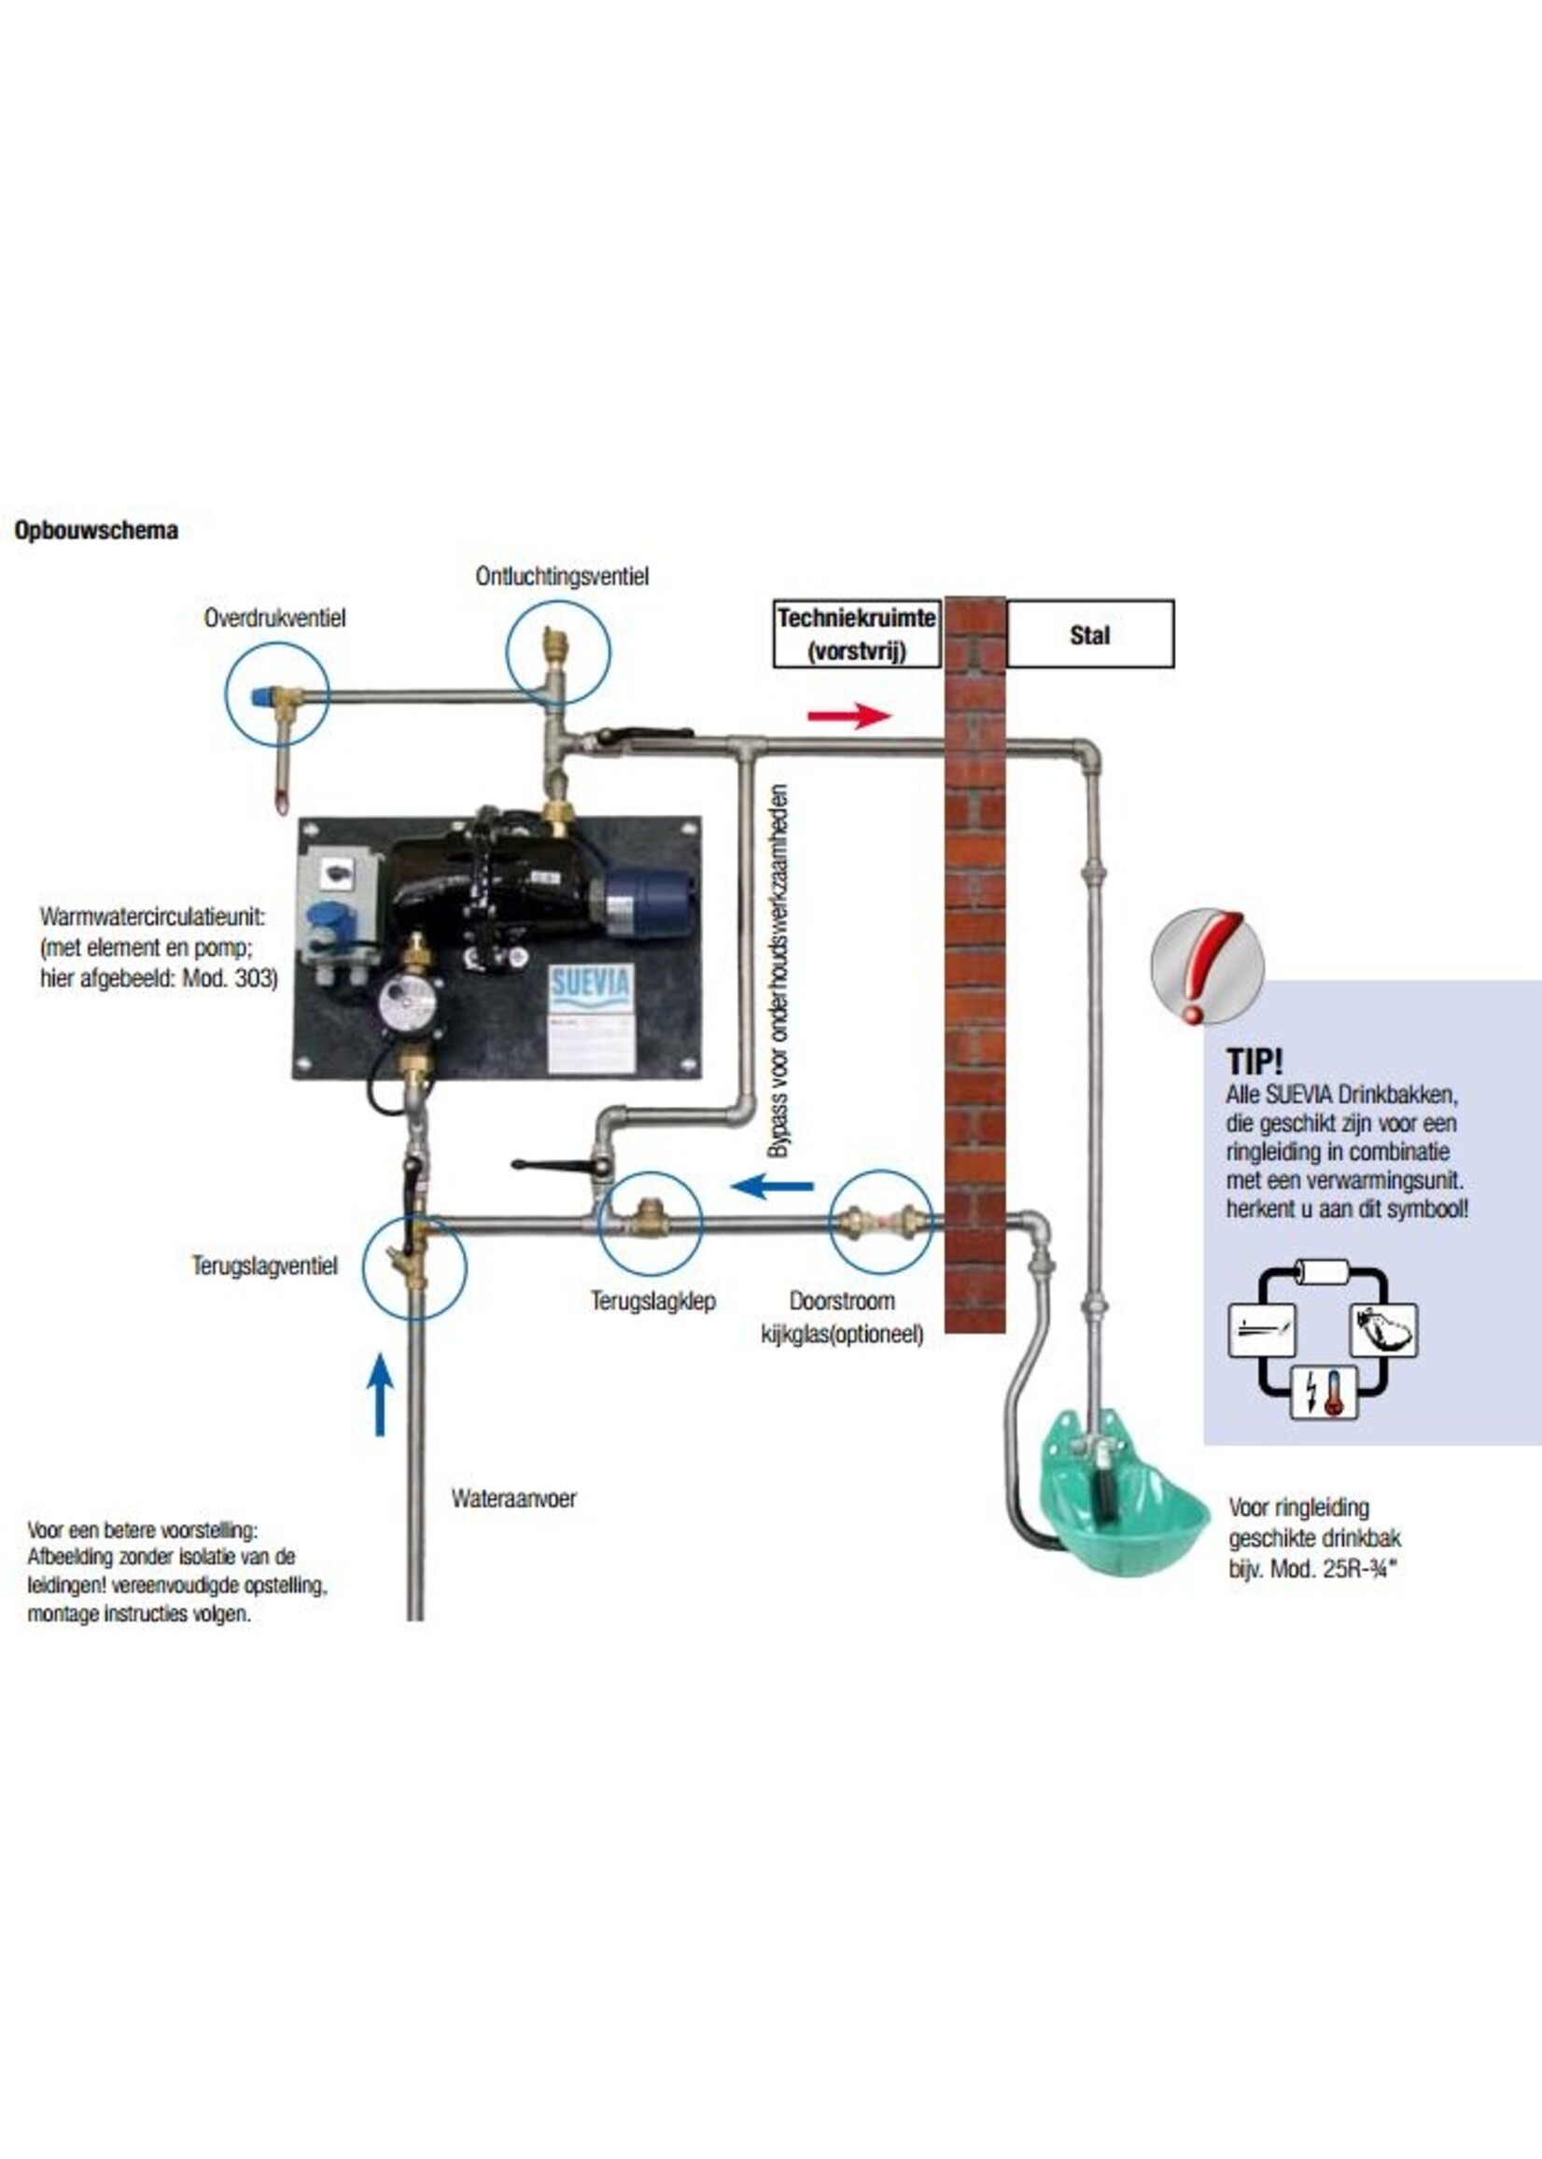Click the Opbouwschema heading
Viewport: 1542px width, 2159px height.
pyautogui.click(x=96, y=531)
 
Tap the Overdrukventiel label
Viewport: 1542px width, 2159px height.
pyautogui.click(x=274, y=618)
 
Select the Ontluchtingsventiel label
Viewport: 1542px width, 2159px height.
pyautogui.click(x=562, y=576)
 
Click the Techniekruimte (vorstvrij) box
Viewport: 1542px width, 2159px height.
pyautogui.click(x=856, y=633)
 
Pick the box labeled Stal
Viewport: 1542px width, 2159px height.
pyautogui.click(x=1089, y=634)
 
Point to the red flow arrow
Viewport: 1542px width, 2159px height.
pyautogui.click(x=848, y=715)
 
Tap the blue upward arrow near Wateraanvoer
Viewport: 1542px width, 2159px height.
pyautogui.click(x=380, y=1394)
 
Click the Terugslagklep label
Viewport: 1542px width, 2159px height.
pyautogui.click(x=652, y=1300)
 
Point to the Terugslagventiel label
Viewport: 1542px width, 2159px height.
pyautogui.click(x=264, y=1267)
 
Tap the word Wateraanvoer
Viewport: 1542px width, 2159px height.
pyautogui.click(x=512, y=1499)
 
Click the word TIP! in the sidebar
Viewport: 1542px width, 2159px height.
pyautogui.click(x=1254, y=1061)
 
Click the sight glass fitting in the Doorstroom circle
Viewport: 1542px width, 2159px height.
pyautogui.click(x=881, y=1219)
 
